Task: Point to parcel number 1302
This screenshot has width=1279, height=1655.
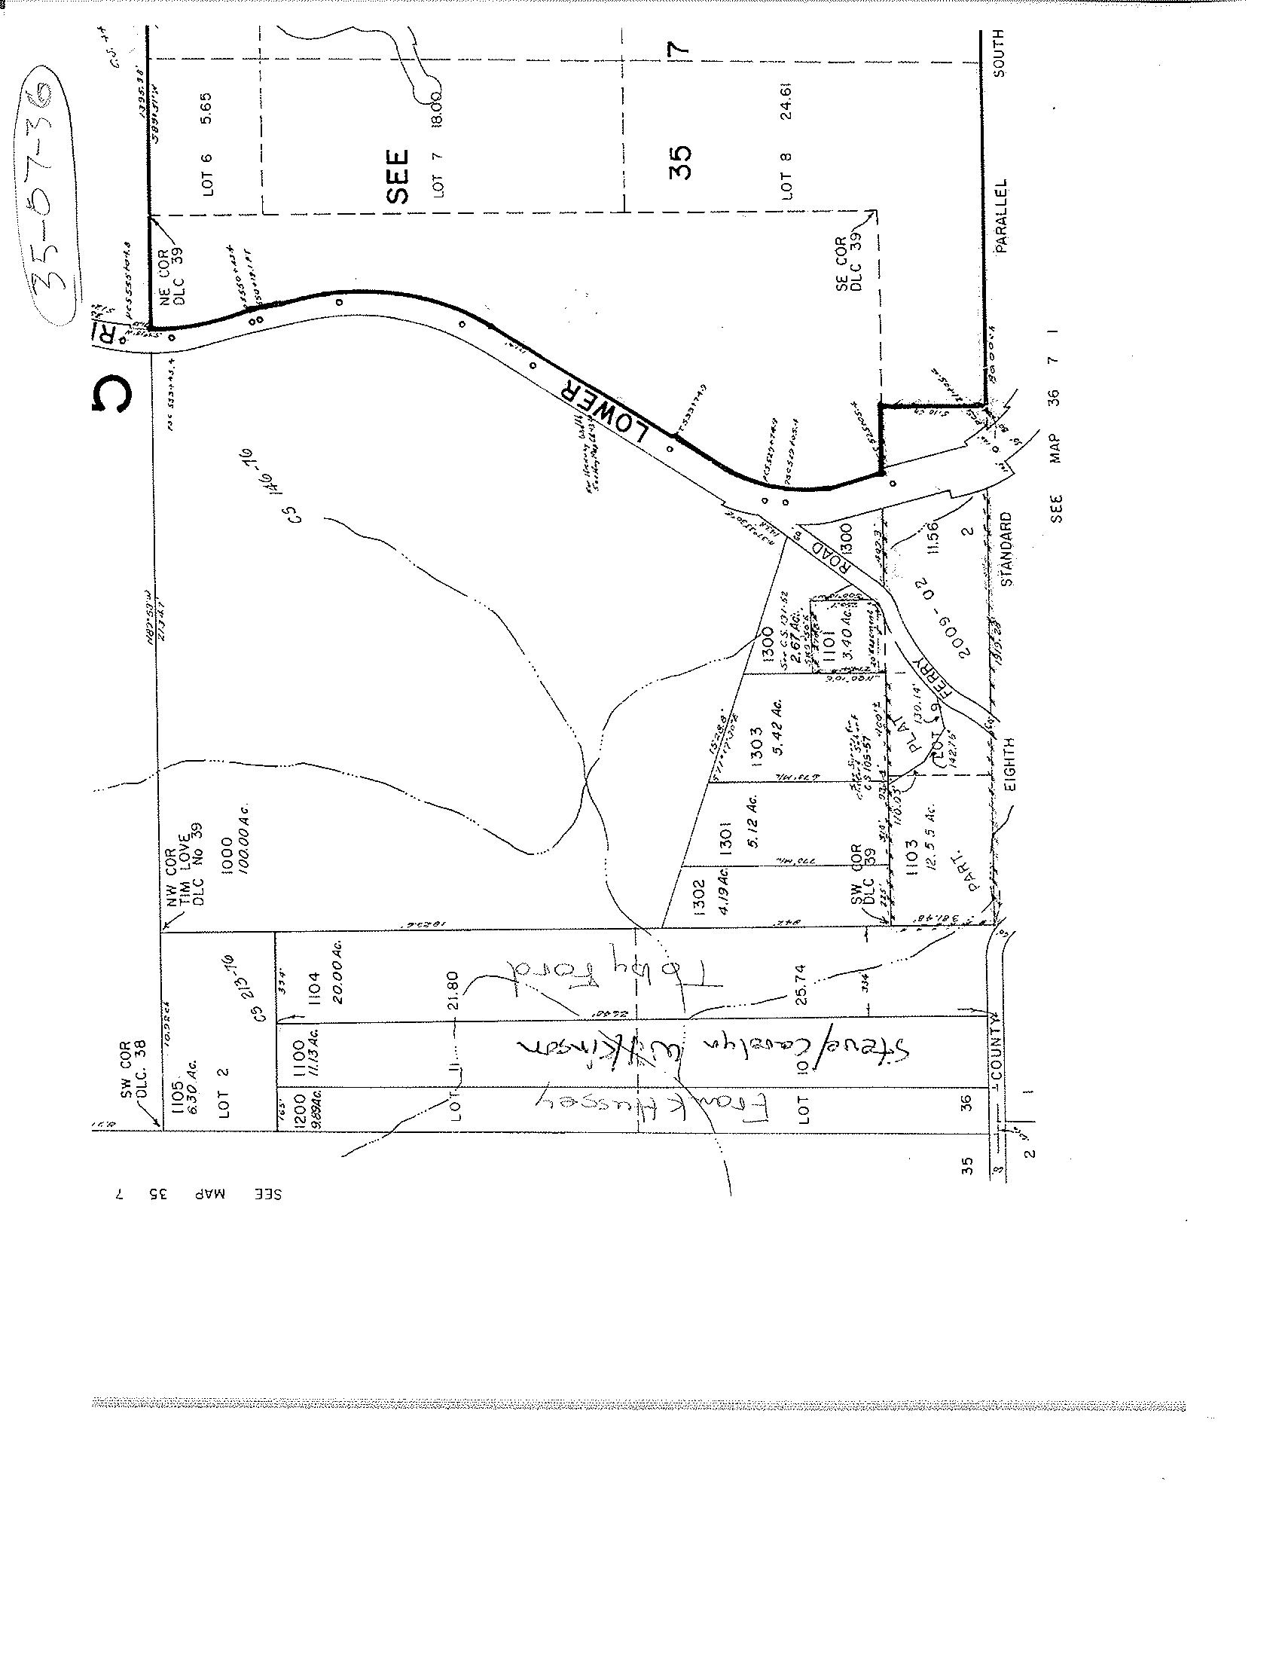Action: point(698,897)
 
